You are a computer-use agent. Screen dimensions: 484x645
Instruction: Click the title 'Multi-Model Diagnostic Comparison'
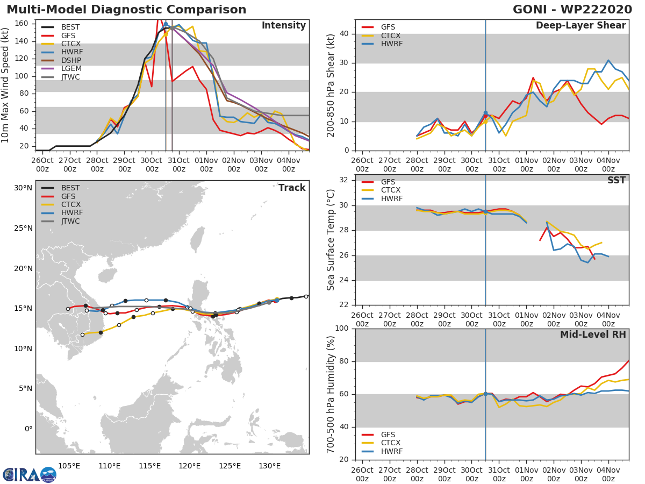pos(126,10)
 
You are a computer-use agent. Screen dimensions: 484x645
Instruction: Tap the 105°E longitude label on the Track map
pos(69,466)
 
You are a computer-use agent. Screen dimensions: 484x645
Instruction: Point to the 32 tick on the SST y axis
pos(345,180)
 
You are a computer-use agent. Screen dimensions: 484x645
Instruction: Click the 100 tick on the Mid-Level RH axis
pos(342,329)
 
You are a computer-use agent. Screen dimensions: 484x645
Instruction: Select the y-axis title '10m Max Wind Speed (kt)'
pos(6,86)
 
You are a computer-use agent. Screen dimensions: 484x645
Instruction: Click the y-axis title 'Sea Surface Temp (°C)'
pos(331,239)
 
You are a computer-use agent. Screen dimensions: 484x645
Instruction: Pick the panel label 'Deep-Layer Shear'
pos(580,26)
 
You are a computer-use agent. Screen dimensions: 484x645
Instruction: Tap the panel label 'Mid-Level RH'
pos(593,334)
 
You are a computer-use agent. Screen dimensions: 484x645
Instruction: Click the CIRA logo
pos(29,474)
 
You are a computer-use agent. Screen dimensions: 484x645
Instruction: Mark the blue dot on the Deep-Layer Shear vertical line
pos(485,113)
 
